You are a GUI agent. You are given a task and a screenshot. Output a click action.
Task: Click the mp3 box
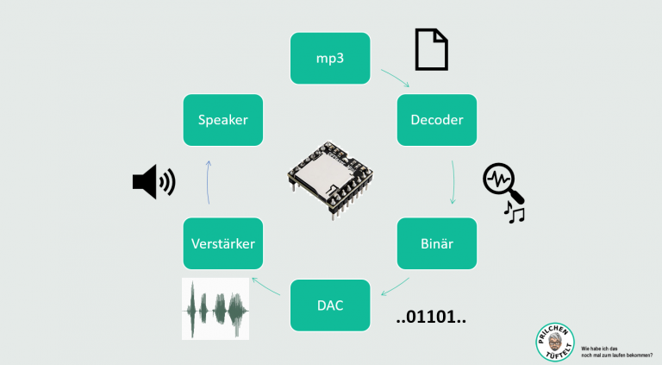(330, 58)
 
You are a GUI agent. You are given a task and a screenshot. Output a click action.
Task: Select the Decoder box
(437, 119)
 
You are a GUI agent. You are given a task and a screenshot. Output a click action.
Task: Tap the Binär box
(437, 243)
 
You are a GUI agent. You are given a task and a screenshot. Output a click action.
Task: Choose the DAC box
(330, 305)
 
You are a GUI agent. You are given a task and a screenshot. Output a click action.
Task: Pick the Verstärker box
(223, 243)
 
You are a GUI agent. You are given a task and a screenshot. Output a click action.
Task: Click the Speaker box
(223, 119)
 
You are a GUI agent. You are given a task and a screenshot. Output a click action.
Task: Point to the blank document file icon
(432, 49)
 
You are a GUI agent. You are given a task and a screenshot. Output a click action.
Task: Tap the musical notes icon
(515, 211)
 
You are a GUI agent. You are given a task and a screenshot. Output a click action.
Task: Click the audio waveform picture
(215, 308)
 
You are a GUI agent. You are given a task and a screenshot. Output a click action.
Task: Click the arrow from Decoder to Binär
(453, 181)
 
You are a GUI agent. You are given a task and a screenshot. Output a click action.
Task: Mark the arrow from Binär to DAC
(395, 286)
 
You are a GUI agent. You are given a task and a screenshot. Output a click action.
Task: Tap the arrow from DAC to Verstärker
(265, 286)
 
